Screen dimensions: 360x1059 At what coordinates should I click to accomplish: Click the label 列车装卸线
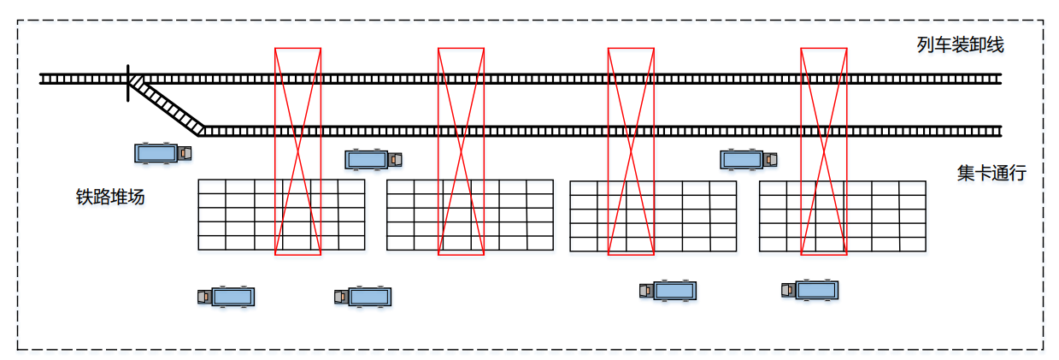pyautogui.click(x=960, y=45)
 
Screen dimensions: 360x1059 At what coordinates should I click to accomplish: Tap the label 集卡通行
pyautogui.click(x=991, y=174)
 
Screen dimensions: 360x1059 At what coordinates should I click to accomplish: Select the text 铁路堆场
pyautogui.click(x=110, y=198)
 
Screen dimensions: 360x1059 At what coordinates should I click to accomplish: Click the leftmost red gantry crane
pyautogui.click(x=297, y=150)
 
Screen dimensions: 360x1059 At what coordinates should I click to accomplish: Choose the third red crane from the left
pyautogui.click(x=631, y=150)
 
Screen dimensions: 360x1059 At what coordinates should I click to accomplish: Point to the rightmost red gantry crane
pyautogui.click(x=824, y=150)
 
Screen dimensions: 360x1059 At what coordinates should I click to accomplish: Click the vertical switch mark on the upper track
pyautogui.click(x=128, y=82)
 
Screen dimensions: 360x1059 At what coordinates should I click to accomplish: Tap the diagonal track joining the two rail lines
pyautogui.click(x=166, y=105)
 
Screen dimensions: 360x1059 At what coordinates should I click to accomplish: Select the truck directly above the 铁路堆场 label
pyautogui.click(x=162, y=153)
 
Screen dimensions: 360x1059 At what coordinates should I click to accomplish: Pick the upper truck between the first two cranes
pyautogui.click(x=374, y=159)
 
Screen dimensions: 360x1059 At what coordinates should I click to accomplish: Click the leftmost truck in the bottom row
pyautogui.click(x=227, y=297)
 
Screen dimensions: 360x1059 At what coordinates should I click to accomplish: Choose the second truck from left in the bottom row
pyautogui.click(x=363, y=297)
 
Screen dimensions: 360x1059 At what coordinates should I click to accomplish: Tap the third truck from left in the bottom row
pyautogui.click(x=668, y=291)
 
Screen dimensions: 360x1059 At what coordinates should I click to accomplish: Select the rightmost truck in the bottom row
pyautogui.click(x=809, y=291)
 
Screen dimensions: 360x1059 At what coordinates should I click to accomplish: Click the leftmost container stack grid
pyautogui.click(x=281, y=215)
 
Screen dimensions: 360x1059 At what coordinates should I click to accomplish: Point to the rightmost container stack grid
pyautogui.click(x=842, y=215)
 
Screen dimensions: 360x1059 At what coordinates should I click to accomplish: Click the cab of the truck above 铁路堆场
pyautogui.click(x=185, y=153)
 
